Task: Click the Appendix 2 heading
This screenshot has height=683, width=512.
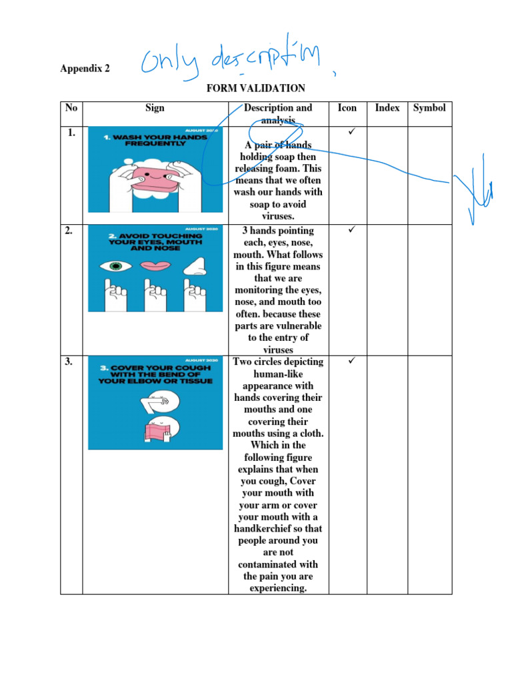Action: click(x=85, y=69)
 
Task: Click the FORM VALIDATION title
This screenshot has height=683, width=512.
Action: click(x=255, y=88)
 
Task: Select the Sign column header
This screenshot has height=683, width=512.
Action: click(x=155, y=107)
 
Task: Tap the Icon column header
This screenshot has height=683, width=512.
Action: click(x=347, y=107)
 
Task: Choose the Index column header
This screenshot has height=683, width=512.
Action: click(x=387, y=107)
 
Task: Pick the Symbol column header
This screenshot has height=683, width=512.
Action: click(x=429, y=107)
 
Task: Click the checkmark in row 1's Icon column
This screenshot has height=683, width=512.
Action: click(x=353, y=133)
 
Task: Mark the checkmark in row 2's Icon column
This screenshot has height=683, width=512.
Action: click(x=353, y=230)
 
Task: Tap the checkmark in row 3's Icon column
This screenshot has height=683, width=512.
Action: click(x=353, y=362)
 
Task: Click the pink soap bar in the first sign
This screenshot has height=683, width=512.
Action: click(x=155, y=177)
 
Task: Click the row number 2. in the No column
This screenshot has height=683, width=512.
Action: click(x=71, y=231)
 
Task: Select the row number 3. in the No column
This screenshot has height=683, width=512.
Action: click(x=71, y=362)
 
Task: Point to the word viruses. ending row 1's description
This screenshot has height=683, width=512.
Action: click(x=277, y=216)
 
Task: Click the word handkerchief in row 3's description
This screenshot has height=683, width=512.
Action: click(x=277, y=528)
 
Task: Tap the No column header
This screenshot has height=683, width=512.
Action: click(x=71, y=107)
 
